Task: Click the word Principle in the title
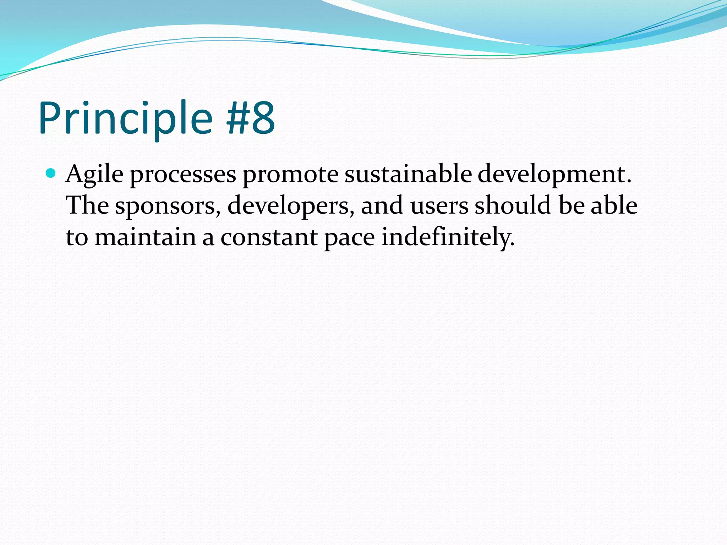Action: click(x=125, y=118)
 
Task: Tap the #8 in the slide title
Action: click(x=251, y=118)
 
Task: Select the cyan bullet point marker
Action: click(x=51, y=174)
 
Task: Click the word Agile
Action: click(x=94, y=175)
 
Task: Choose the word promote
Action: click(x=290, y=175)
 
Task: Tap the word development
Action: click(x=554, y=175)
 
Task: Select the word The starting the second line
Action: click(x=87, y=205)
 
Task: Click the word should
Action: click(x=513, y=205)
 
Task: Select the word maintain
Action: click(x=145, y=237)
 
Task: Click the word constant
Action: click(x=269, y=237)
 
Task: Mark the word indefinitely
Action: click(x=448, y=237)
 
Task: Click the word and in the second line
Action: click(x=382, y=205)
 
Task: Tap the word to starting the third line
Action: click(x=77, y=237)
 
